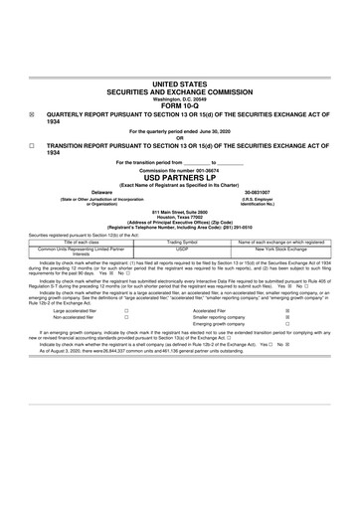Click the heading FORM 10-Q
[x=180, y=104]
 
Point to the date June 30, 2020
[x=208, y=130]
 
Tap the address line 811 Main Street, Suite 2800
[x=180, y=212]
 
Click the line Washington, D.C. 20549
[x=180, y=99]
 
